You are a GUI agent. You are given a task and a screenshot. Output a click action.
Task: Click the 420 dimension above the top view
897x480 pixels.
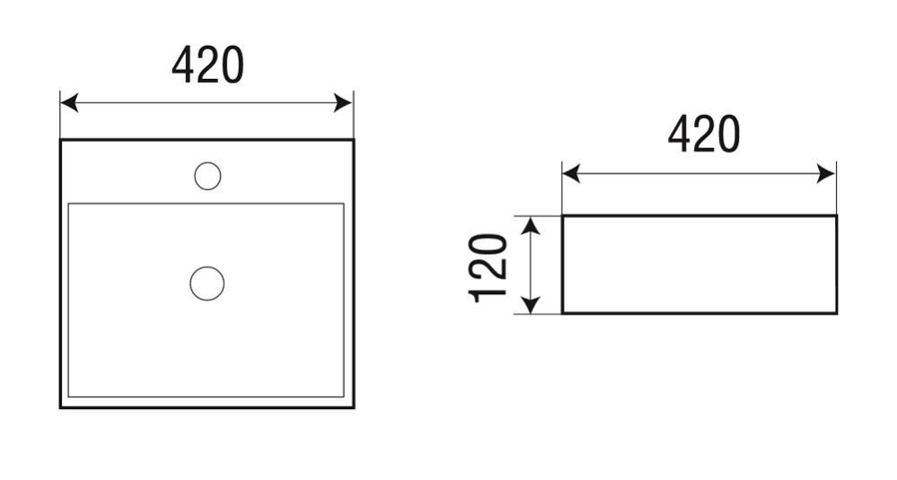pos(207,65)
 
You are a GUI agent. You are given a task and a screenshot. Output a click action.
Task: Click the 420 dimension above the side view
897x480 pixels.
pos(704,135)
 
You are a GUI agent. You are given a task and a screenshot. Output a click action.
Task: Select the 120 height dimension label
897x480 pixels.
pos(488,267)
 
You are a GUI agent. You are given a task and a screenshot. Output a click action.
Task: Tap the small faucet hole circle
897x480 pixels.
pos(207,176)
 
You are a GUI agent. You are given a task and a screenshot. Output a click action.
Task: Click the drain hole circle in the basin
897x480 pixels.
pos(207,284)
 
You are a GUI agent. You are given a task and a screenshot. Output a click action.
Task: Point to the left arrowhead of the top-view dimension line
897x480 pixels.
pos(68,103)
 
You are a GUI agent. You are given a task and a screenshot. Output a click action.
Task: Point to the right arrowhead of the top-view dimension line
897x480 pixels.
pos(344,103)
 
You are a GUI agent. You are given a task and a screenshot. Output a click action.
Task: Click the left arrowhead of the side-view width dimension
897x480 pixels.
pos(571,174)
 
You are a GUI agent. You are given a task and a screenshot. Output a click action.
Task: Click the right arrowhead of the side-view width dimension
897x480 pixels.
pos(827,174)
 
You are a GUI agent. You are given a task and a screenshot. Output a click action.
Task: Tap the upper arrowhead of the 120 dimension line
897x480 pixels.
pos(532,226)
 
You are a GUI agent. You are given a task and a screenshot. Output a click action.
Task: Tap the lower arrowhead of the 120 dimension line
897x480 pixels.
pos(532,304)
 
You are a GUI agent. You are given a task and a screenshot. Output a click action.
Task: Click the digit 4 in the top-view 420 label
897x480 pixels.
pos(183,65)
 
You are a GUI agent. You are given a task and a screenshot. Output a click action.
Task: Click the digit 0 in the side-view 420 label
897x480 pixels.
pos(728,135)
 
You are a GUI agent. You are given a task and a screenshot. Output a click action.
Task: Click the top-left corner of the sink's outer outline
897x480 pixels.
pos(61,140)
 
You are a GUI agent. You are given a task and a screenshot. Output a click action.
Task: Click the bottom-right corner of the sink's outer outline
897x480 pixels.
pos(354,407)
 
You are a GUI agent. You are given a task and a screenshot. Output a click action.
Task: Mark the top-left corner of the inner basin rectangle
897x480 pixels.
pos(68,204)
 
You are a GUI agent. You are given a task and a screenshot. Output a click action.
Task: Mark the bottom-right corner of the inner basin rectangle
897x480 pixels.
pos(343,397)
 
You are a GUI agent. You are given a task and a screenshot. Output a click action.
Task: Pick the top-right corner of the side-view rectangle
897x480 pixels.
pos(836,216)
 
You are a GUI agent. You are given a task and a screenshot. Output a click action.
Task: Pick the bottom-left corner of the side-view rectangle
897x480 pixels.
pos(563,313)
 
